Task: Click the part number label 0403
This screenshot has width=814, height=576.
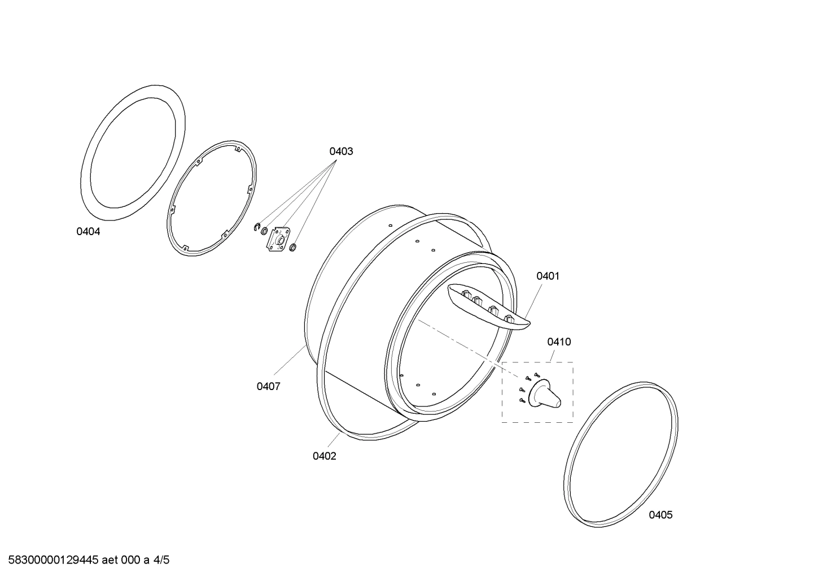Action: coord(341,151)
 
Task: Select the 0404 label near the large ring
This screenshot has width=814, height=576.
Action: coord(88,231)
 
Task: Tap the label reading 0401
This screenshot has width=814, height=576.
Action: coord(548,276)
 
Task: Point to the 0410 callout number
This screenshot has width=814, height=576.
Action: coord(559,341)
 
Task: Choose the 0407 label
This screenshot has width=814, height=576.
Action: coord(268,387)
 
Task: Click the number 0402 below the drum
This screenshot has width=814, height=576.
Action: coord(324,456)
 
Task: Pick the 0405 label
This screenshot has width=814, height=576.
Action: coord(660,515)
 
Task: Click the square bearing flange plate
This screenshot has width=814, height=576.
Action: coord(279,239)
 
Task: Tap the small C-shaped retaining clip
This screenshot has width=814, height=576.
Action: coord(257,227)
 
